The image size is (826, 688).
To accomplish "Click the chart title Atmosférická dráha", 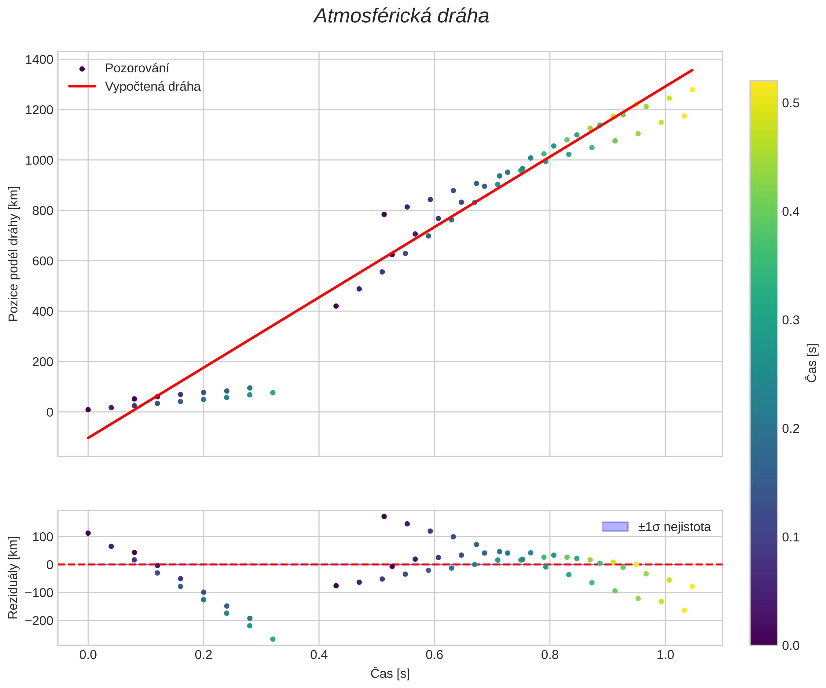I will [401, 16].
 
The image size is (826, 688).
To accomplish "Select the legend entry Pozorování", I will [137, 68].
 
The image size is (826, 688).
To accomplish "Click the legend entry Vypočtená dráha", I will [152, 86].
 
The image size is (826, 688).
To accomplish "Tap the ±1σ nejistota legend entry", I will [674, 527].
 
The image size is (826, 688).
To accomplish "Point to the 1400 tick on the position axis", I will [39, 60].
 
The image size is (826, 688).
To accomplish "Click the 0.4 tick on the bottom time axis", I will [319, 655].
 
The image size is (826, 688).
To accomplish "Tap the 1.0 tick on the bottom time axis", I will [665, 655].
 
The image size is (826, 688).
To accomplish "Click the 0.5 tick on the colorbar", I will [791, 104].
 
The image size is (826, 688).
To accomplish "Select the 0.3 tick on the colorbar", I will [791, 320].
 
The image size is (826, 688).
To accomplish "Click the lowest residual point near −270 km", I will [273, 639].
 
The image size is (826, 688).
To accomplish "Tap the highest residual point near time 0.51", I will [384, 517].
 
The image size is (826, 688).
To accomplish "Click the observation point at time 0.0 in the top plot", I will [88, 410].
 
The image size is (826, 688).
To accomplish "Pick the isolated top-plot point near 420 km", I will [336, 306].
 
